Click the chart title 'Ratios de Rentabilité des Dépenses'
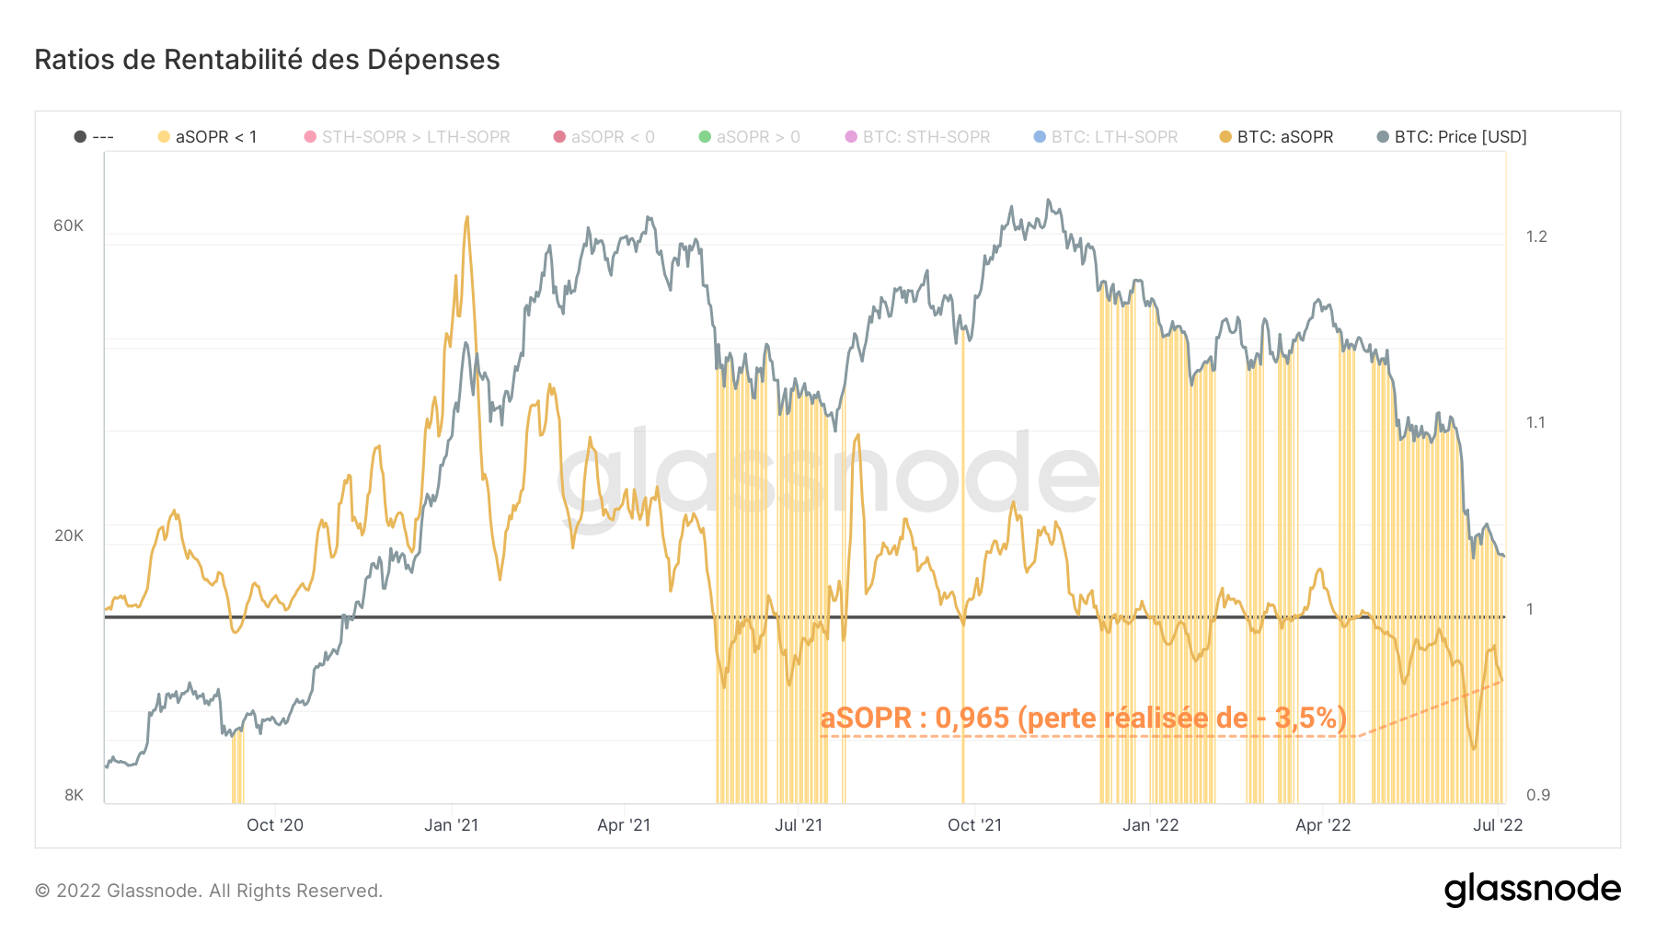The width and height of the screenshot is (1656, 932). pyautogui.click(x=267, y=60)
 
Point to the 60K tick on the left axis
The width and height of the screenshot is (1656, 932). pyautogui.click(x=68, y=226)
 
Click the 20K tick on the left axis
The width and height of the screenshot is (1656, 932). pyautogui.click(x=68, y=535)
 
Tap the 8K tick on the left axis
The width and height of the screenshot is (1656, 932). pyautogui.click(x=74, y=795)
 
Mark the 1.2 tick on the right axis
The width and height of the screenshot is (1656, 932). pyautogui.click(x=1536, y=236)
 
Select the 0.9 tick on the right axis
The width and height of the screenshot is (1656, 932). pyautogui.click(x=1537, y=795)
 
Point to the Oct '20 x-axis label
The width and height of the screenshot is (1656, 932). pyautogui.click(x=274, y=825)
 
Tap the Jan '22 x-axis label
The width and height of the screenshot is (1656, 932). pyautogui.click(x=1150, y=825)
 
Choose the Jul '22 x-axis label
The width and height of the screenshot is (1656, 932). pyautogui.click(x=1497, y=825)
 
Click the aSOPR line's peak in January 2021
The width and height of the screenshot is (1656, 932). pyautogui.click(x=467, y=218)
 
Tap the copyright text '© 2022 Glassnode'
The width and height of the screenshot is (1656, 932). pyautogui.click(x=209, y=891)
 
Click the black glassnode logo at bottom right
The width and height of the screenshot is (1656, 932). pyautogui.click(x=1532, y=890)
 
